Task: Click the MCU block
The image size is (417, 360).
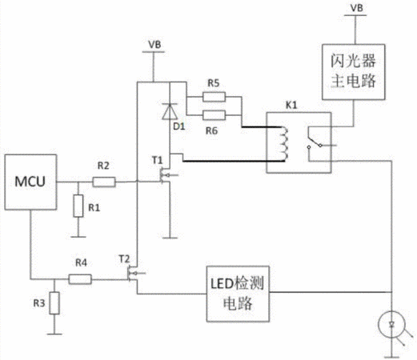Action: click(x=30, y=182)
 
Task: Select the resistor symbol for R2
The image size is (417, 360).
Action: click(x=104, y=182)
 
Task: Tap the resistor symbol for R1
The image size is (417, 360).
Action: click(x=78, y=206)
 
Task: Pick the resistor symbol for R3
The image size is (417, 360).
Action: click(x=54, y=303)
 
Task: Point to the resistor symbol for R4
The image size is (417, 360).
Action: click(x=80, y=279)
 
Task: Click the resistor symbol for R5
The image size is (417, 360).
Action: click(x=214, y=97)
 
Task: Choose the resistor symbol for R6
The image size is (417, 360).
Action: click(x=214, y=115)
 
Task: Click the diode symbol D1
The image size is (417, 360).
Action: click(x=170, y=111)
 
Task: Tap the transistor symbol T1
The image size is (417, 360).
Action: click(x=166, y=174)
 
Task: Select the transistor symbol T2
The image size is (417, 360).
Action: click(x=134, y=273)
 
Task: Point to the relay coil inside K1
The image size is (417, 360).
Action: click(x=284, y=144)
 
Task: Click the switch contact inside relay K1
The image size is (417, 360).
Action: click(x=315, y=142)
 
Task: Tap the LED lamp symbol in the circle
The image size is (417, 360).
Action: click(x=391, y=325)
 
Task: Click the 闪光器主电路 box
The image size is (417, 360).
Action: click(x=354, y=72)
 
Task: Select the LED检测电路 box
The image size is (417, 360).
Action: click(x=238, y=294)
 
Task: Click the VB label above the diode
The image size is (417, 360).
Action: click(x=154, y=45)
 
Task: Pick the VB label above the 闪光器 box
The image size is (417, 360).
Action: click(x=357, y=8)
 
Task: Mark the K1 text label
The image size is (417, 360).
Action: click(x=291, y=106)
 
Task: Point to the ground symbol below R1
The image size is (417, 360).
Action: click(x=78, y=237)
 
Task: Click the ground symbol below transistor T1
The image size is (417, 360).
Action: click(x=170, y=238)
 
